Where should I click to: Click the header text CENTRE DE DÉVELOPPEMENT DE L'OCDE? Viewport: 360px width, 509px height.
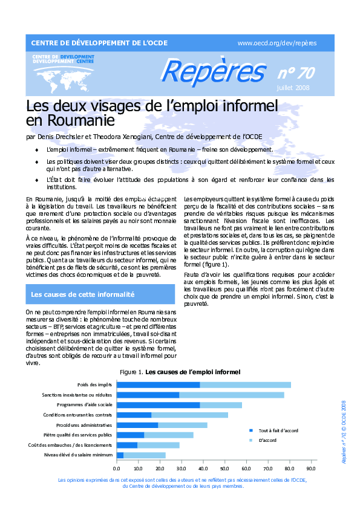pyautogui.click(x=99, y=43)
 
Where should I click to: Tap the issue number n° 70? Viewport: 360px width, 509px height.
pyautogui.click(x=296, y=74)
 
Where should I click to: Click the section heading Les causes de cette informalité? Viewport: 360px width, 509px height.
pyautogui.click(x=82, y=294)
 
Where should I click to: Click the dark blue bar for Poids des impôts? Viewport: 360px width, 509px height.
pyautogui.click(x=157, y=384)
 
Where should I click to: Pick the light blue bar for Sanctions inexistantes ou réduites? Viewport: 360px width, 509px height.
pyautogui.click(x=232, y=395)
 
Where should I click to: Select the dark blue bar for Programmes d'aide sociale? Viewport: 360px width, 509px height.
pyautogui.click(x=157, y=405)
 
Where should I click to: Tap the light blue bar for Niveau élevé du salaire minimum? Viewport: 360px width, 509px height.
pyautogui.click(x=145, y=455)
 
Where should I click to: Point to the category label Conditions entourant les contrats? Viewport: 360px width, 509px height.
pyautogui.click(x=78, y=415)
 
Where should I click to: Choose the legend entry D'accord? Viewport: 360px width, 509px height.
pyautogui.click(x=267, y=440)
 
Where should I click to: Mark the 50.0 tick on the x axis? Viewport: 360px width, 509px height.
pyautogui.click(x=224, y=468)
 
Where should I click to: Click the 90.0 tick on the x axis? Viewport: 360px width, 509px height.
pyautogui.click(x=311, y=468)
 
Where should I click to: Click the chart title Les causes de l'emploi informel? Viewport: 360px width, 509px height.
pyautogui.click(x=193, y=371)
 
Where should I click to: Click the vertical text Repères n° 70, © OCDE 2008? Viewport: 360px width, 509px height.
pyautogui.click(x=343, y=430)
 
